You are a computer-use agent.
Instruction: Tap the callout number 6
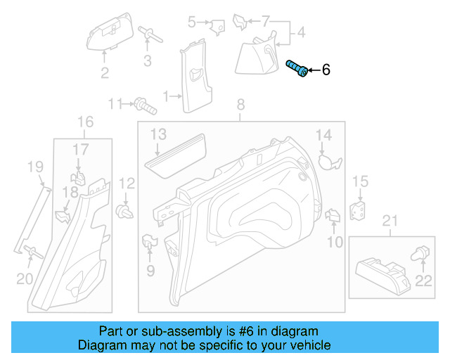point(326,70)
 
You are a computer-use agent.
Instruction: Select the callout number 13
point(157,134)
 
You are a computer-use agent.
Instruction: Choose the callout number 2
point(105,73)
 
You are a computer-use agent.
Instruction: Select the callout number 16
point(84,122)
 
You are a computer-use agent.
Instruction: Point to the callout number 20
point(25,279)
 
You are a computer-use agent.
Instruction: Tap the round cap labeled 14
point(328,161)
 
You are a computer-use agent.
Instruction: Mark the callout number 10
point(335,243)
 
